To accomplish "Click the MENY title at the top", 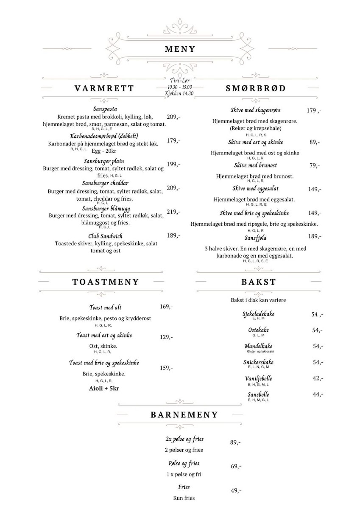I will pyautogui.click(x=180, y=49).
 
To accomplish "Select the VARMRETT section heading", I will pyautogui.click(x=104, y=89).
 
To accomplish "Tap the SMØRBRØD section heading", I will pyautogui.click(x=256, y=89).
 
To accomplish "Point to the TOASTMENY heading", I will pyautogui.click(x=106, y=282).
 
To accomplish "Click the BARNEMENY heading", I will pyautogui.click(x=184, y=415).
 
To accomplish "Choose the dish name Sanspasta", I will pyautogui.click(x=105, y=109).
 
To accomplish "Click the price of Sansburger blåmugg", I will pyautogui.click(x=173, y=212).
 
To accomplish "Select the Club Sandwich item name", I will pyautogui.click(x=105, y=236).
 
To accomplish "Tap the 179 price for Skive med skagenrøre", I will pyautogui.click(x=314, y=111).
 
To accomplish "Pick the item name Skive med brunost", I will pyautogui.click(x=255, y=165).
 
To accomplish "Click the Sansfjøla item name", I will pyautogui.click(x=255, y=238).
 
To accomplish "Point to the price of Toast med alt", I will pyautogui.click(x=166, y=307).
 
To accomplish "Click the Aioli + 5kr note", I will pyautogui.click(x=103, y=388).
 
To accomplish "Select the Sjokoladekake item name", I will pyautogui.click(x=258, y=313).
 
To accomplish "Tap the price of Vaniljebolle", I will pyautogui.click(x=318, y=378).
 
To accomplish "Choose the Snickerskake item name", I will pyautogui.click(x=258, y=362).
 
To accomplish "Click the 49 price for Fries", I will pyautogui.click(x=236, y=491).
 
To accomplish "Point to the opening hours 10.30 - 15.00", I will pyautogui.click(x=179, y=87).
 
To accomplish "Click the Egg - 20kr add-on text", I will pyautogui.click(x=104, y=150).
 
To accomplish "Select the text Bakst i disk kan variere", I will pyautogui.click(x=258, y=300).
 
